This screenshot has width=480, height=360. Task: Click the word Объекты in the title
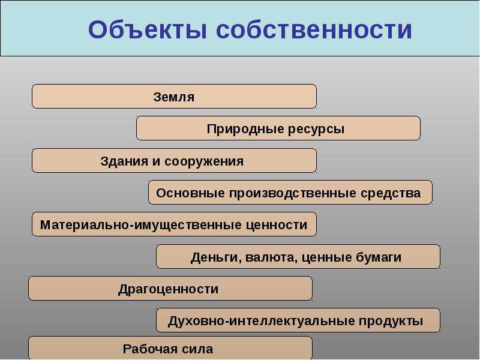coord(147,30)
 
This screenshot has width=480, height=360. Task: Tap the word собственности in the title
coord(314,30)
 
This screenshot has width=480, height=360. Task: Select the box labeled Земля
coord(174,97)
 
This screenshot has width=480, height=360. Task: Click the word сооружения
coord(204,162)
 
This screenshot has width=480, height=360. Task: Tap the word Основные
coord(190,193)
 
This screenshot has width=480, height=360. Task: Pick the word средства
coord(391,194)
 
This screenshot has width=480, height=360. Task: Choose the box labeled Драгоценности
coord(170,289)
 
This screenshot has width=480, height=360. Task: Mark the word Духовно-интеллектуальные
coord(261,321)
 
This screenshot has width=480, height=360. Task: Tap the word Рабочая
coord(146,349)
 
